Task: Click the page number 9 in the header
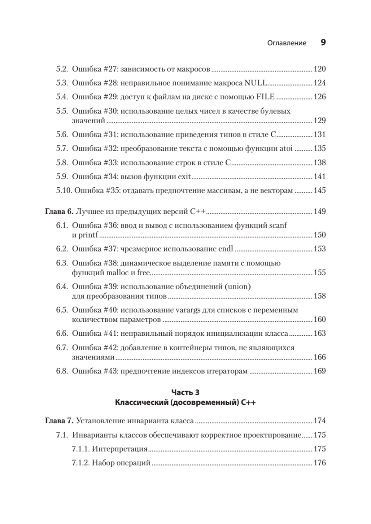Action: click(x=323, y=43)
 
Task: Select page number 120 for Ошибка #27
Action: click(x=320, y=69)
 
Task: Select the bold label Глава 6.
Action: click(x=59, y=212)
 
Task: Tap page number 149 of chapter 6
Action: click(x=320, y=212)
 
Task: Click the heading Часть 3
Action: click(x=185, y=392)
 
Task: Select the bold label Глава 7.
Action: click(x=59, y=421)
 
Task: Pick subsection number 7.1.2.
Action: click(x=80, y=463)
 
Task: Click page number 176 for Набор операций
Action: click(x=320, y=463)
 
